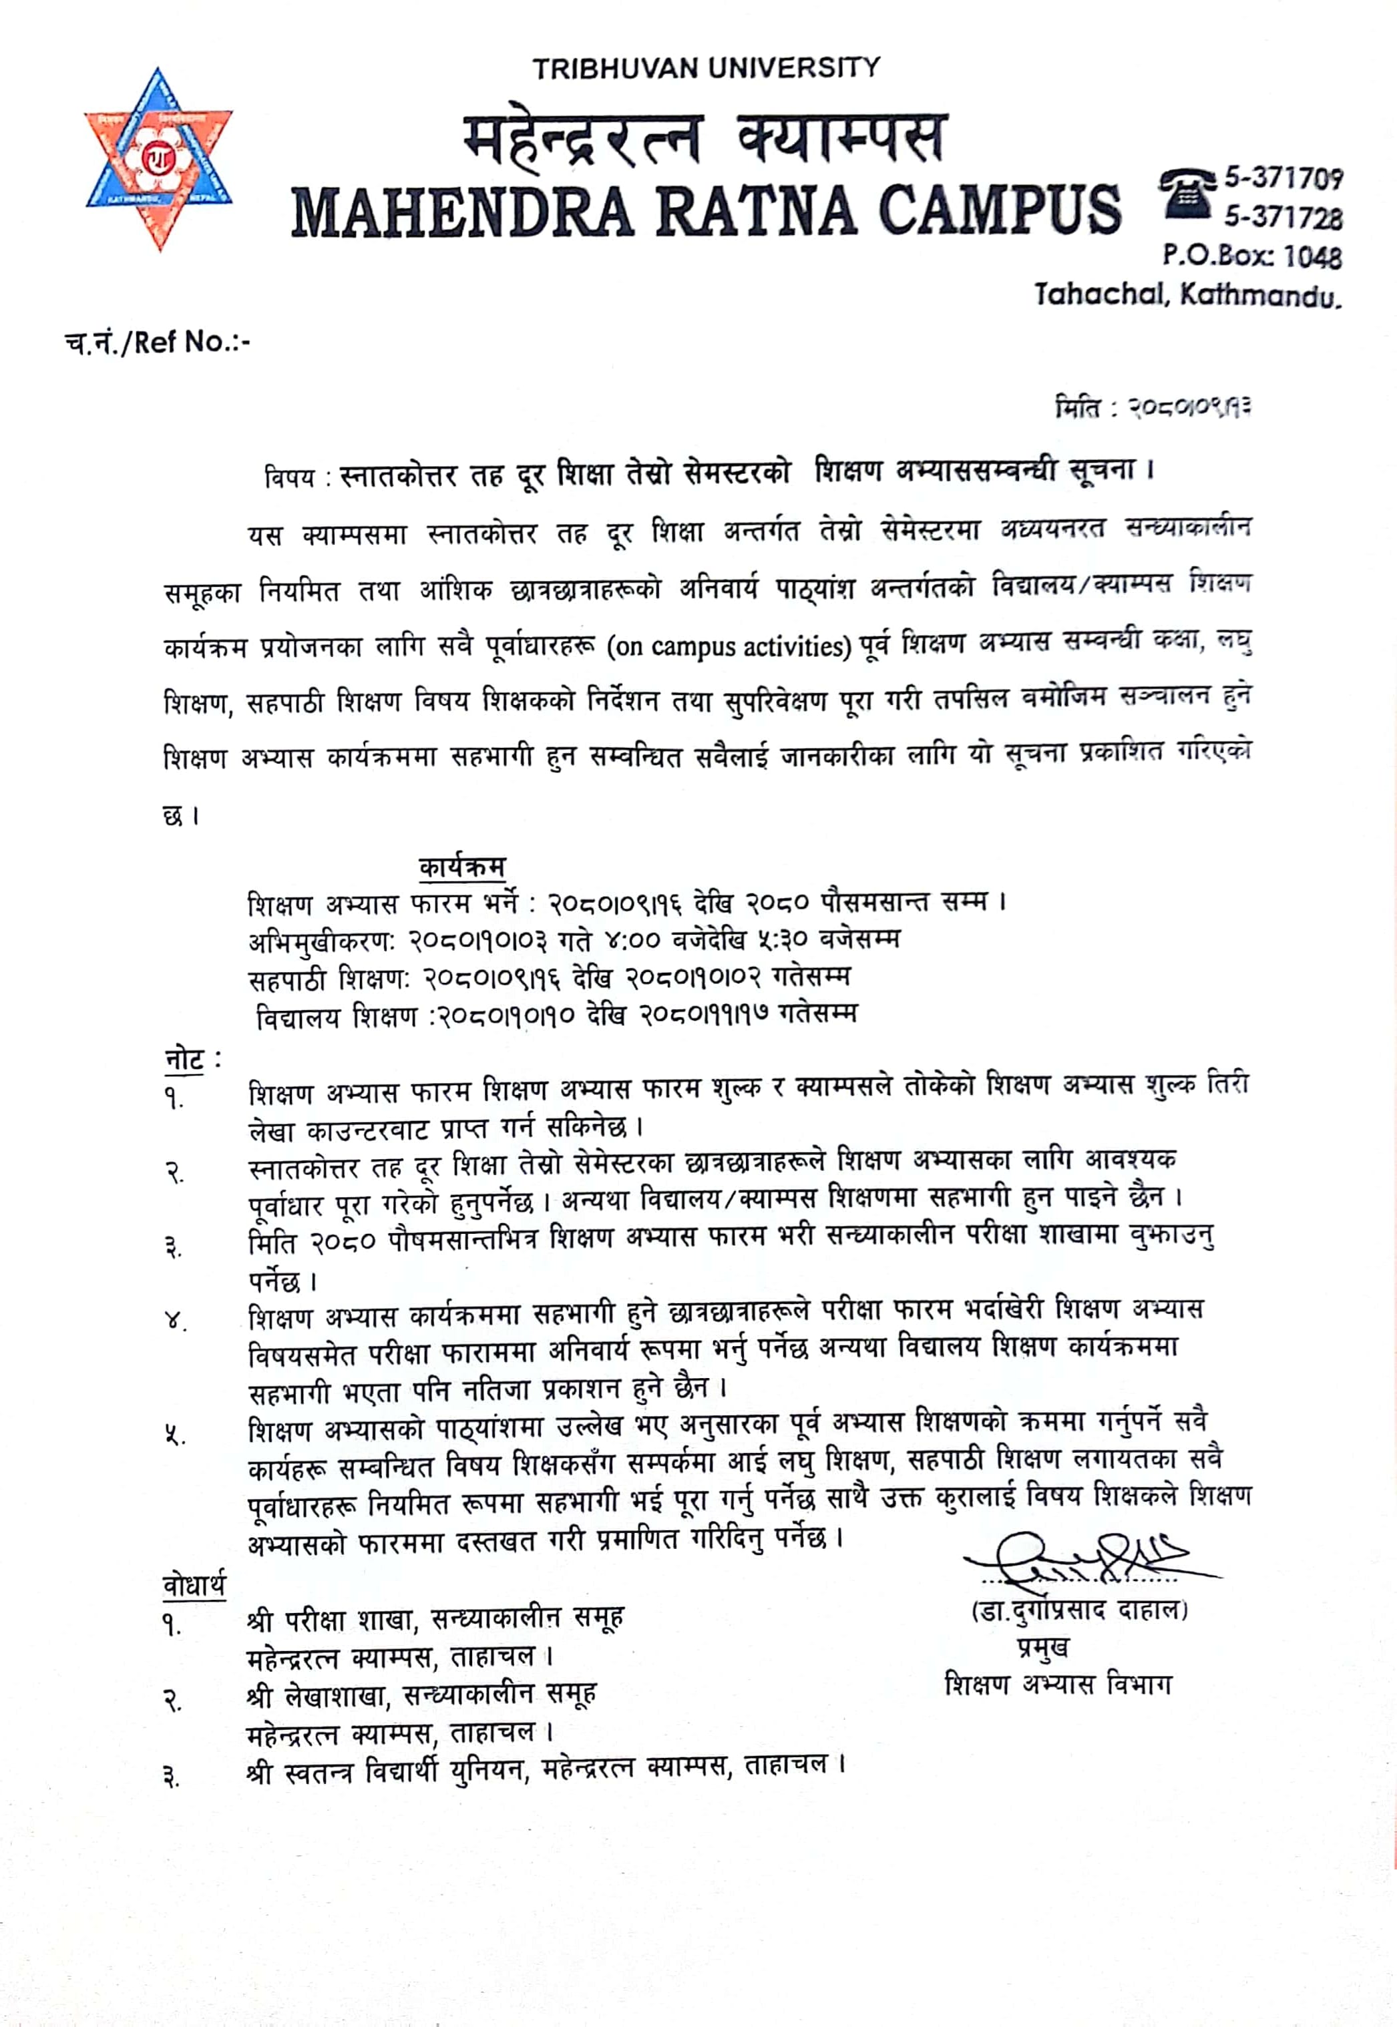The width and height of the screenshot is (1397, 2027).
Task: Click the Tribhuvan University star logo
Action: coord(158,160)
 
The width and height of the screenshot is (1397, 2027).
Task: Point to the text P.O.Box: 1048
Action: coord(1251,256)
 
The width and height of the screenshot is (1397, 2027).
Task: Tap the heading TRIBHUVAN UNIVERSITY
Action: coord(707,68)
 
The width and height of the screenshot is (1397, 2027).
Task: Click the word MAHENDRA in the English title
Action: coord(461,211)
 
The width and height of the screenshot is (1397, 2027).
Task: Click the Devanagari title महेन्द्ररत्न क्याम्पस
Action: coord(705,138)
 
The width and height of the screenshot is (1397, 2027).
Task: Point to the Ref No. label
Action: coord(158,343)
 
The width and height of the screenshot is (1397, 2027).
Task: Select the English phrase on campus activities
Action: coord(729,647)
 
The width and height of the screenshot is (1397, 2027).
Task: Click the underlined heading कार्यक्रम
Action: coord(462,867)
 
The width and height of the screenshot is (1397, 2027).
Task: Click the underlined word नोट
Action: coord(184,1059)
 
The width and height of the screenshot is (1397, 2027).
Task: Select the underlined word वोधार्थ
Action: coord(194,1585)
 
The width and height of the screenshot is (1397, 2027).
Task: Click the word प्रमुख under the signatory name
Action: coord(1042,1648)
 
